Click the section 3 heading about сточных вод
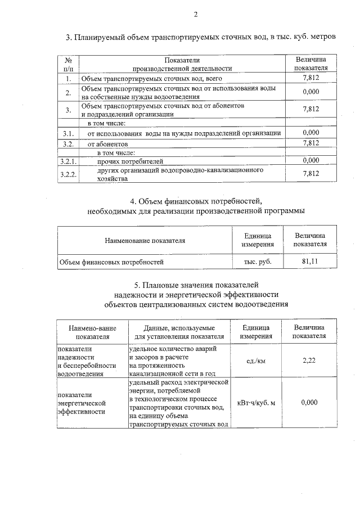tap(201, 38)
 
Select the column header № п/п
tap(67, 64)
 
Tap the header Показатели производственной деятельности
tap(182, 64)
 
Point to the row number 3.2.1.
tap(68, 160)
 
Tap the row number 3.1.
tap(68, 133)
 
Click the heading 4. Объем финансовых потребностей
tap(196, 201)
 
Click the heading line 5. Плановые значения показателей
tap(196, 285)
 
